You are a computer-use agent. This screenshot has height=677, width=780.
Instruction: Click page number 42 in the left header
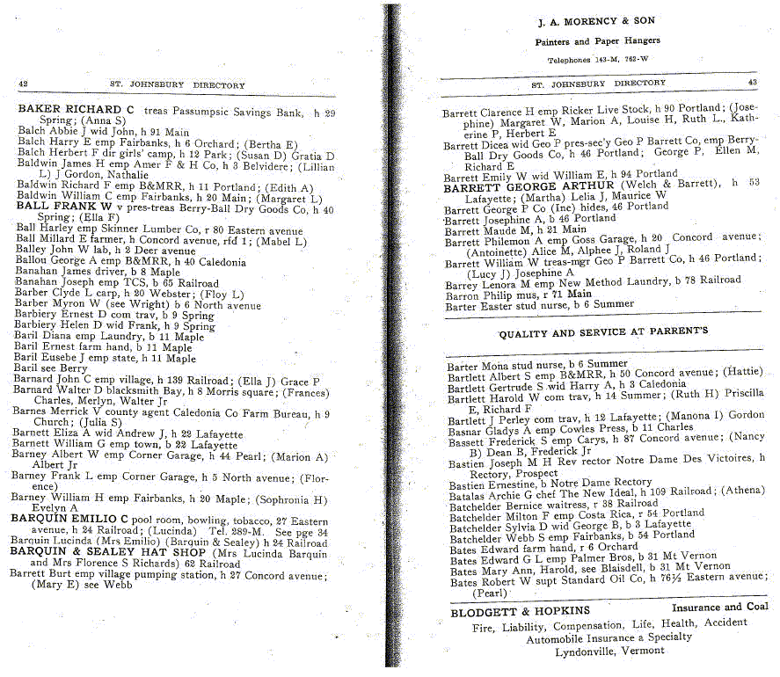[x=23, y=84]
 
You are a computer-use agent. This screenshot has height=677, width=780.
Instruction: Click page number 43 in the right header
[x=752, y=83]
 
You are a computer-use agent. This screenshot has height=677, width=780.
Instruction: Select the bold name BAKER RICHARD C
[x=76, y=110]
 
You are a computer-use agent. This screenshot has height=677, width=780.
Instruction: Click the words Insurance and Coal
[x=719, y=608]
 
